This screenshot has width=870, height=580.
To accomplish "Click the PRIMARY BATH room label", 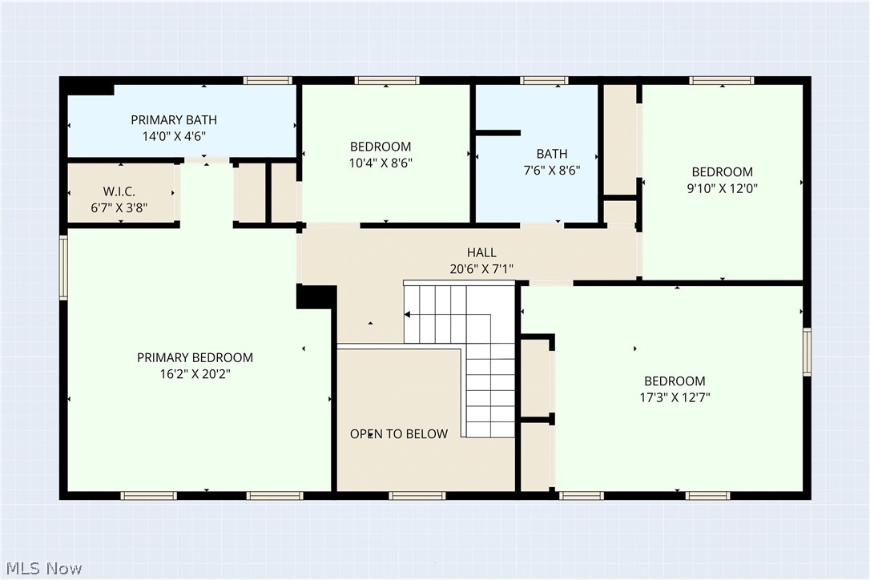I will [174, 120].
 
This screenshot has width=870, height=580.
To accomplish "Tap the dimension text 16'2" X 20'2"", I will [195, 373].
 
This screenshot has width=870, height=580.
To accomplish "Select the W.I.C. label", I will [119, 191].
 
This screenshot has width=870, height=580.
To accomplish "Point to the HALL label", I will [481, 253].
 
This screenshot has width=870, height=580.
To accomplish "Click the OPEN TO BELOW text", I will [398, 433].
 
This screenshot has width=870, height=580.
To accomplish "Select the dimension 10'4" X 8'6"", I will [381, 162].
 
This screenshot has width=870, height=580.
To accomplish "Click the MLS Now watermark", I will [42, 568].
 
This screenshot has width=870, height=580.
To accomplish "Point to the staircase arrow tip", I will [407, 315].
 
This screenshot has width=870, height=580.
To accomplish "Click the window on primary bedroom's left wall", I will [64, 267].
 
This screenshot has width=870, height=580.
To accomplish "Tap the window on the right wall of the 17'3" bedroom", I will [807, 351].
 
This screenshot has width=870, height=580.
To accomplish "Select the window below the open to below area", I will [417, 496].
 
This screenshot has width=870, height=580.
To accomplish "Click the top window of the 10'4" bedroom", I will [387, 80].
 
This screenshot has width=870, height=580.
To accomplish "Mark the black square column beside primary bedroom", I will [314, 296].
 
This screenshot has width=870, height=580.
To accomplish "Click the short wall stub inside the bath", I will [497, 132].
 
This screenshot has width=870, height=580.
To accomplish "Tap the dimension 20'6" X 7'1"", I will [481, 269].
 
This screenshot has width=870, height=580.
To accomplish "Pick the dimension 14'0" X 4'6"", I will [174, 136].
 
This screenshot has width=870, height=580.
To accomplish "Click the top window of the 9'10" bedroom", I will [721, 80].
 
